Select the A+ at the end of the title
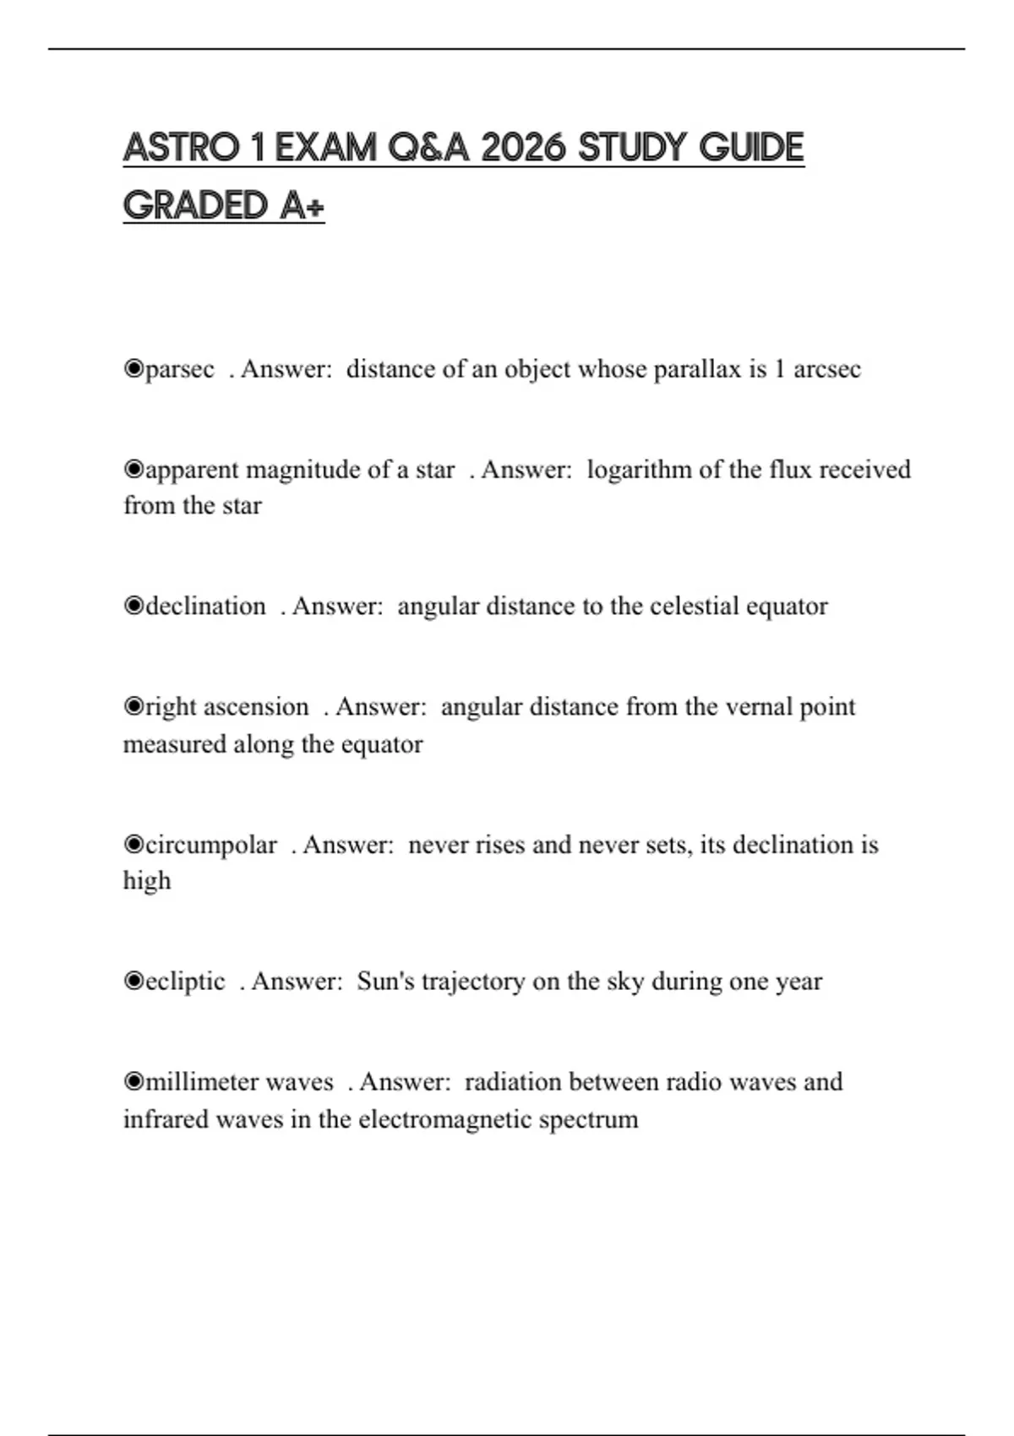click(x=302, y=206)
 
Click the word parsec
click(x=180, y=370)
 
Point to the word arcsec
click(x=826, y=370)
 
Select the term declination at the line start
click(x=205, y=606)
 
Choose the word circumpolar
click(x=211, y=845)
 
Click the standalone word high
click(x=147, y=881)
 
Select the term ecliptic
click(x=185, y=982)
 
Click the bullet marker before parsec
click(x=134, y=369)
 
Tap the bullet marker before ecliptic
click(x=134, y=981)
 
